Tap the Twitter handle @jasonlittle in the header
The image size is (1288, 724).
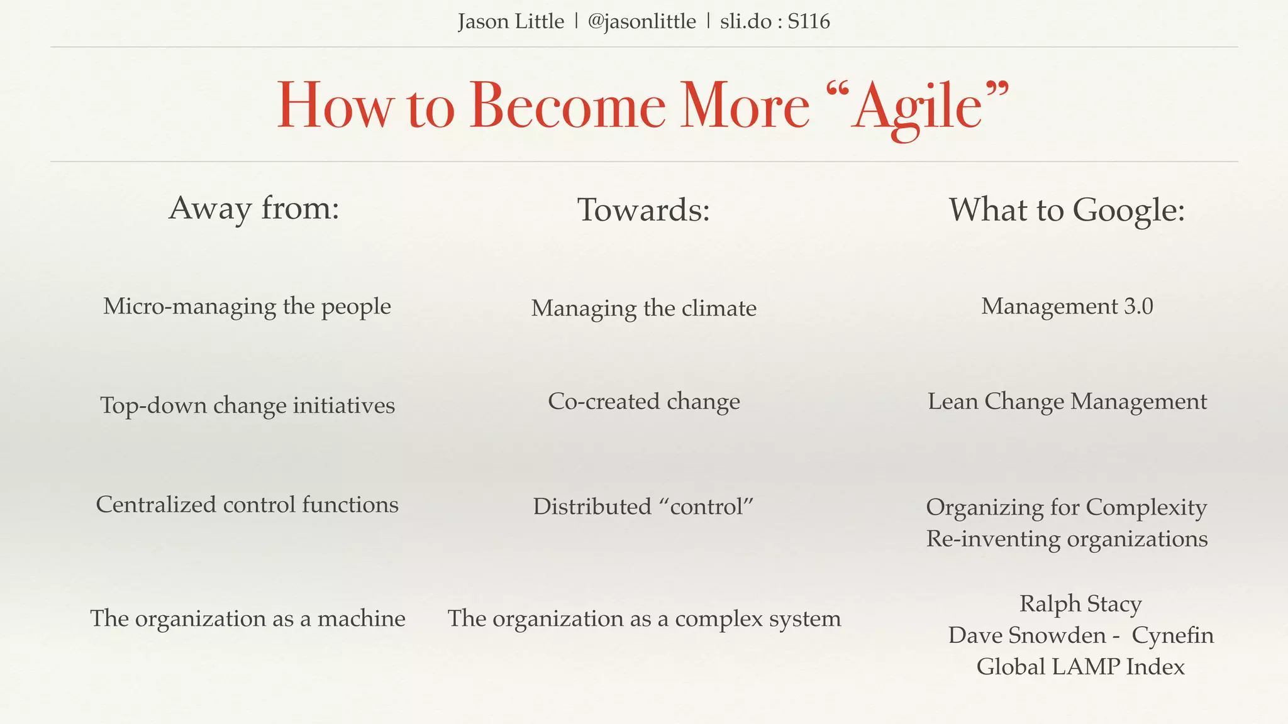click(x=641, y=22)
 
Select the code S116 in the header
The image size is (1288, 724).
click(x=809, y=22)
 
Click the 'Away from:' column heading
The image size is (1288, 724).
click(x=254, y=209)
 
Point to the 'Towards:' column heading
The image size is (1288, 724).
click(x=643, y=210)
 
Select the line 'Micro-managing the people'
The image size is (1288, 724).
click(x=247, y=307)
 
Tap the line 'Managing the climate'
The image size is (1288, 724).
click(x=643, y=309)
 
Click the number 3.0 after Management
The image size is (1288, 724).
click(x=1138, y=307)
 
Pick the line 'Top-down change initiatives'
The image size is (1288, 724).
click(x=247, y=405)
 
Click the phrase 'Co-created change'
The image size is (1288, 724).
click(x=643, y=402)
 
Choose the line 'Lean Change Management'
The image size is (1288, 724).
click(x=1067, y=402)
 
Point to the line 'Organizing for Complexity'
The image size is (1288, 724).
click(x=1066, y=507)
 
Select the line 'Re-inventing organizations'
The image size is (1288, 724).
click(x=1067, y=539)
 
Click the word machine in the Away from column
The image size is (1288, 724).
click(x=361, y=618)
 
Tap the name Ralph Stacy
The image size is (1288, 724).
click(x=1080, y=604)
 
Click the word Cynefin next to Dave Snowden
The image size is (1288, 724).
click(x=1172, y=635)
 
